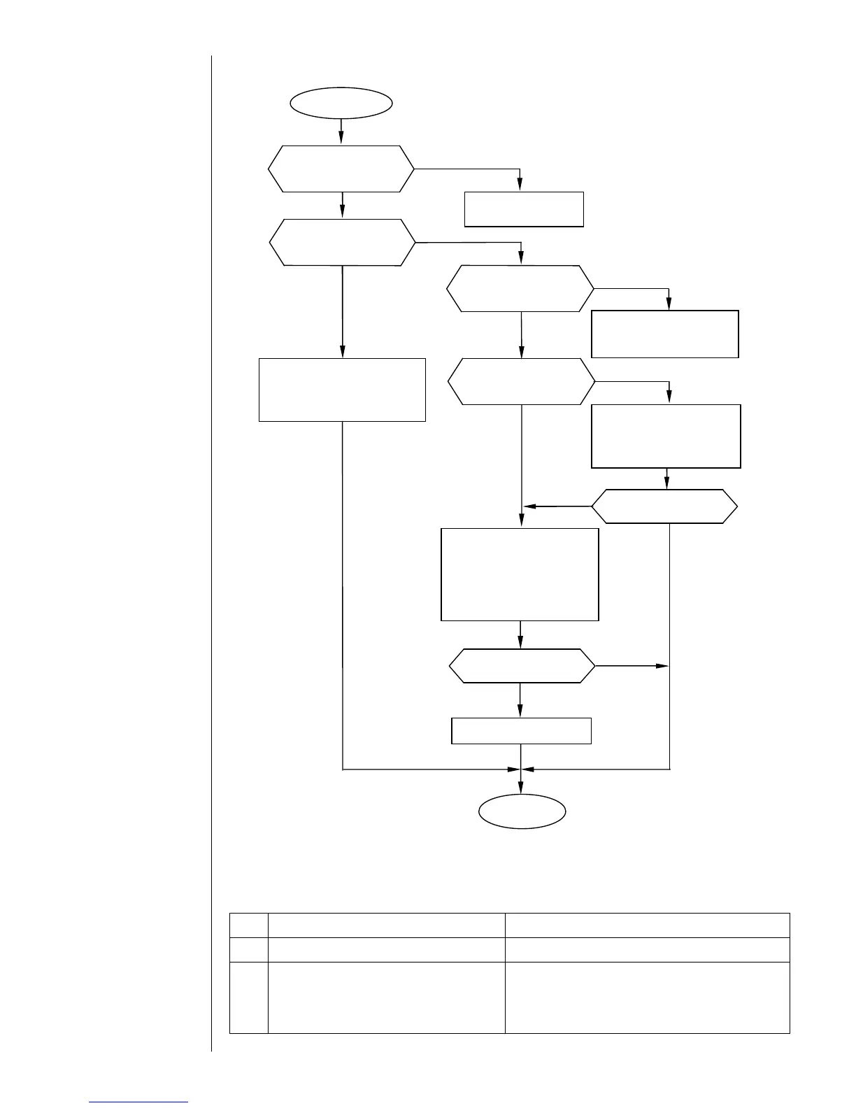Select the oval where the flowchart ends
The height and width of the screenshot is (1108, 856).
point(522,812)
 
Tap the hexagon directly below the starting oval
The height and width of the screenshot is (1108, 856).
point(341,169)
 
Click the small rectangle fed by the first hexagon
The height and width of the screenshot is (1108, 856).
point(524,209)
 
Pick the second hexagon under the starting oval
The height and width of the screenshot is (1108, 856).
point(342,242)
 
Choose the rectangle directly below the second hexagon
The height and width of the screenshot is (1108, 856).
point(342,390)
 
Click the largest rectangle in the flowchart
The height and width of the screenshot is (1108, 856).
point(520,574)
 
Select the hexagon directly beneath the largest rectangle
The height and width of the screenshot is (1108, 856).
point(521,666)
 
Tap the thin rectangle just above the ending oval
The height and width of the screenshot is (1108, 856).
point(521,730)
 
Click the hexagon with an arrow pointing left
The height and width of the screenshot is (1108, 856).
point(664,506)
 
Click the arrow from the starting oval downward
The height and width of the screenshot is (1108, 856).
point(341,131)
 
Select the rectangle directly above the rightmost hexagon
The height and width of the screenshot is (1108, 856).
point(666,436)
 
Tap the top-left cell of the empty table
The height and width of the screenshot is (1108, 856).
point(249,925)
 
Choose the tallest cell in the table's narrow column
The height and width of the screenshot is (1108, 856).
point(249,997)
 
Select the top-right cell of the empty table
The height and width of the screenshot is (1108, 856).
point(647,925)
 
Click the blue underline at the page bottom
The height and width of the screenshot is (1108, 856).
point(138,1102)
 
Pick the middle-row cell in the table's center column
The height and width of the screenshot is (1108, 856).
point(386,950)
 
